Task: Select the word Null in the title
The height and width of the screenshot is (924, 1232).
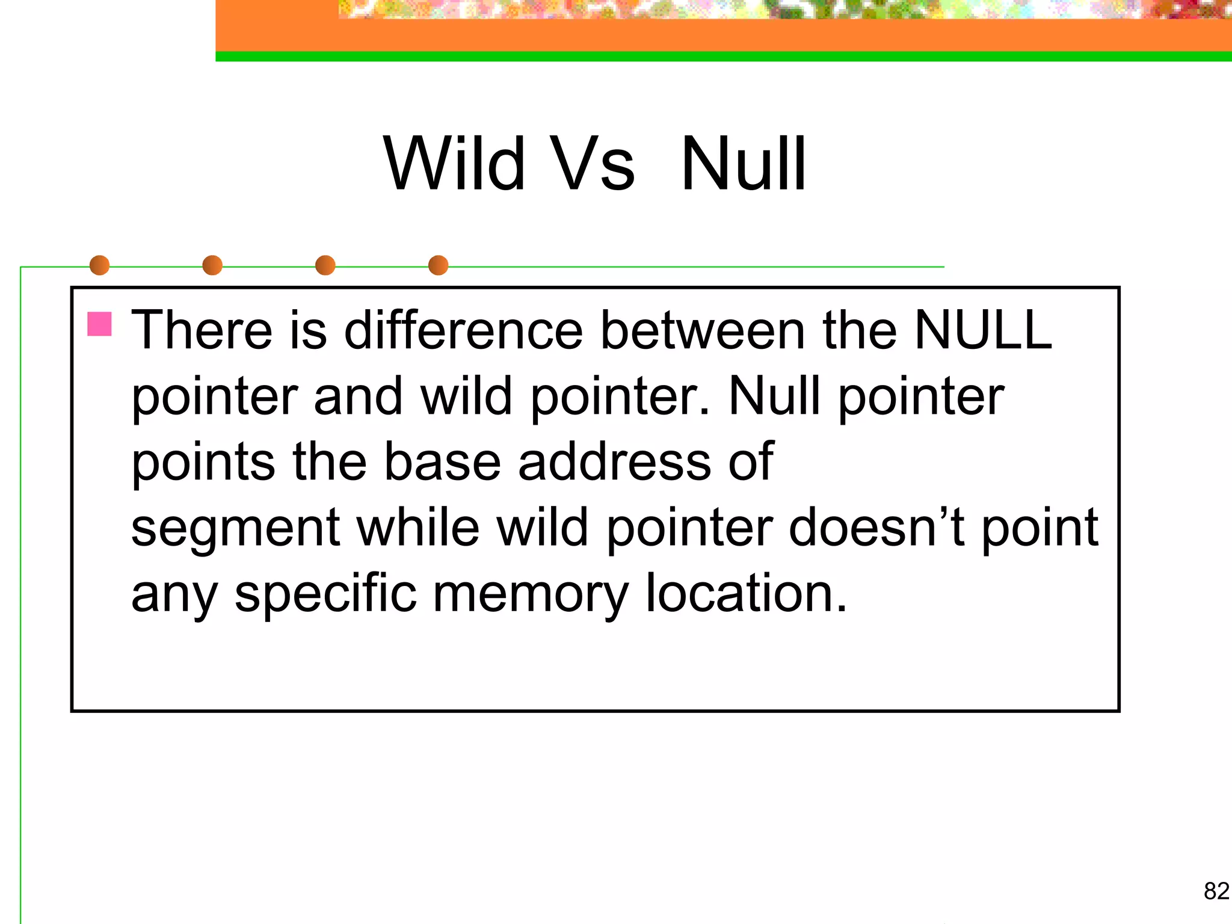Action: click(744, 164)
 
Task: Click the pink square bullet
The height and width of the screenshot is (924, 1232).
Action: click(100, 324)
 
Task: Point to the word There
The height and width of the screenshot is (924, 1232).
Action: click(202, 330)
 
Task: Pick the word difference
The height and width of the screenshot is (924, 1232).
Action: click(463, 330)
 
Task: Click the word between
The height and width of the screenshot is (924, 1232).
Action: click(703, 330)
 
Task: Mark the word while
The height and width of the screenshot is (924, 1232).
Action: click(418, 527)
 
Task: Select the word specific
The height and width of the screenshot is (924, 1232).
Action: click(325, 593)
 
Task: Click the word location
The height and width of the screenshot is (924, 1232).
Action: click(746, 593)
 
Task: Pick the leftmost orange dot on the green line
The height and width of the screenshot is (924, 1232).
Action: click(99, 265)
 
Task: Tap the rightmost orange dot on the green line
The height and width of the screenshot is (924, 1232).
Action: click(438, 265)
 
